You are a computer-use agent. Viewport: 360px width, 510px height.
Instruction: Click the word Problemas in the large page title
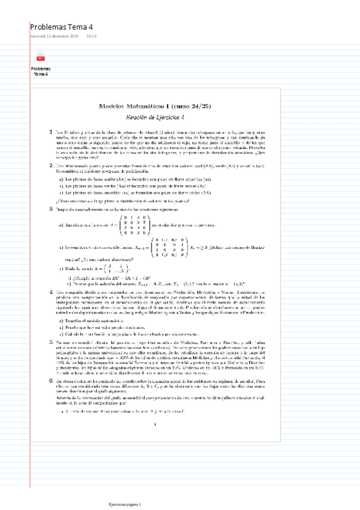pos(50,27)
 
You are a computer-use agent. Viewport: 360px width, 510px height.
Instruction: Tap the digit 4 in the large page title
pos(91,27)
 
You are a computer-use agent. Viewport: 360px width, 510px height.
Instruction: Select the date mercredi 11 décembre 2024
pos(55,37)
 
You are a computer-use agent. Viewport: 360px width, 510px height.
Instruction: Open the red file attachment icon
pos(41,58)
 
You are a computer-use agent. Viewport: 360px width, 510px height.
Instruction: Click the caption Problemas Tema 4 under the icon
pos(41,72)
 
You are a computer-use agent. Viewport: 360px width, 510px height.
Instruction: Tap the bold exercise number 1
pos(50,131)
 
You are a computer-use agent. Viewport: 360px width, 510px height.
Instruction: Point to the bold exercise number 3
pos(50,209)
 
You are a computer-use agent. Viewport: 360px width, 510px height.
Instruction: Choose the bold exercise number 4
pos(50,291)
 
